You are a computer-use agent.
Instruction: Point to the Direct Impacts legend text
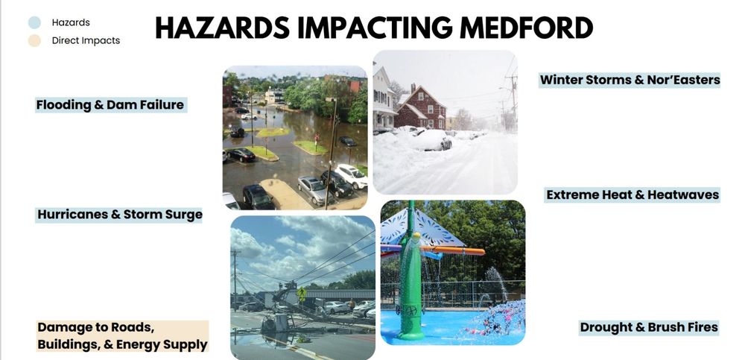click(86, 40)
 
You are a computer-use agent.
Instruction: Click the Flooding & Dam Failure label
click(110, 105)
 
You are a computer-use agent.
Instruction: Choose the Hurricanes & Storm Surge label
click(120, 215)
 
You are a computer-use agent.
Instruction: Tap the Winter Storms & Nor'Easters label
click(630, 80)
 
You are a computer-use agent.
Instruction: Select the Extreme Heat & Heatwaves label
click(633, 195)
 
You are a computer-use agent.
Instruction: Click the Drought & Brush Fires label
click(648, 327)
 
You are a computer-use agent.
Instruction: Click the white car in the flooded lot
click(350, 176)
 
